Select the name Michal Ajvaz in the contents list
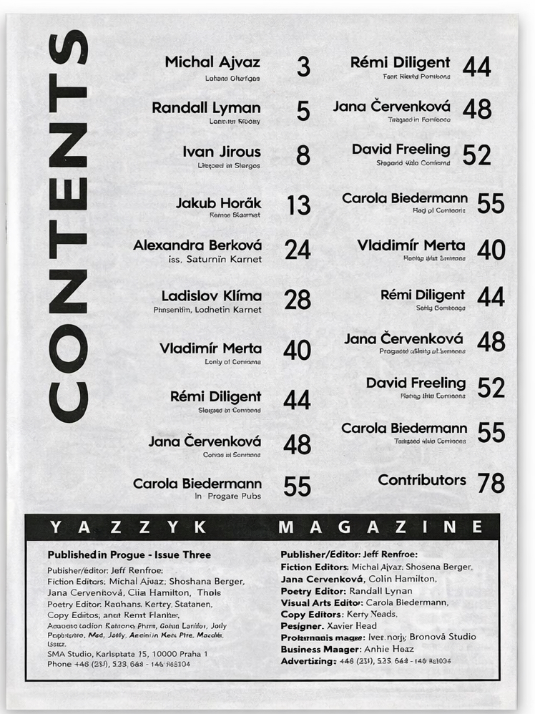click(212, 62)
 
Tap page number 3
click(303, 67)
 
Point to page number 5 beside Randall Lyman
click(303, 111)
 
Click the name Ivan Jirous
click(222, 152)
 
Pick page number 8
click(303, 155)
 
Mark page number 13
click(298, 206)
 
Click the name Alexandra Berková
click(197, 245)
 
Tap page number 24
click(298, 249)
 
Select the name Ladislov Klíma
click(212, 295)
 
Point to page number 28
click(298, 300)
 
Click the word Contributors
click(422, 480)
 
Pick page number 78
click(491, 484)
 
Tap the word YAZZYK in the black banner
click(129, 527)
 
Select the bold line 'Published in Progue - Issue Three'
click(129, 554)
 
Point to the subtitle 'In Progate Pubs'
click(227, 496)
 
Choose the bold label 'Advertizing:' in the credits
click(308, 661)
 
